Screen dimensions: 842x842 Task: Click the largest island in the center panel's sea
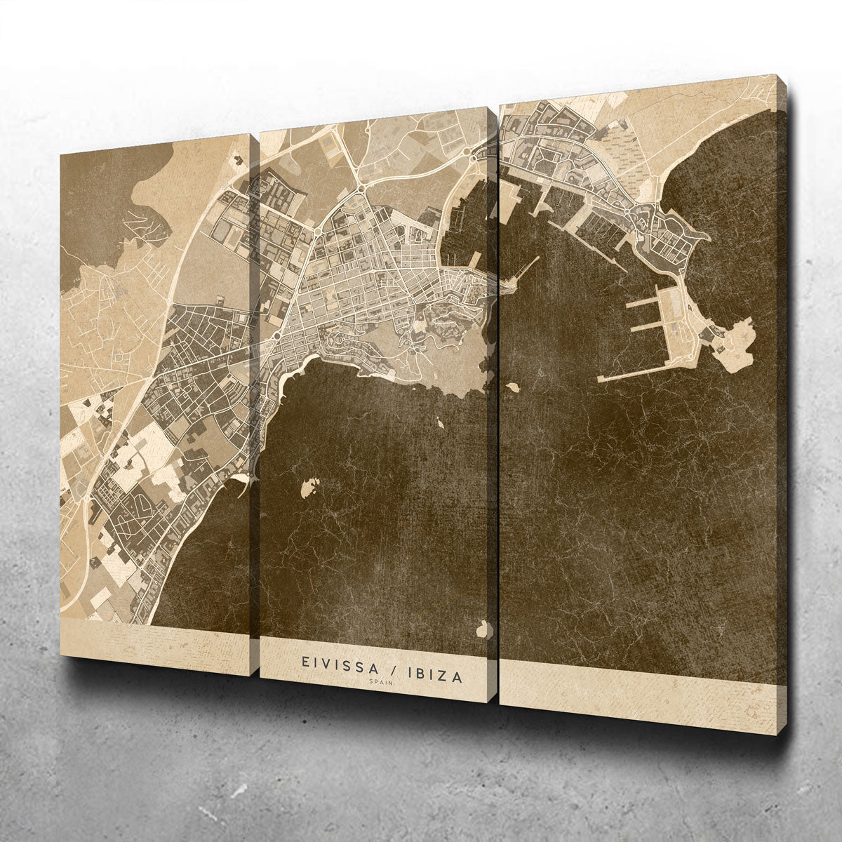pyautogui.click(x=309, y=487)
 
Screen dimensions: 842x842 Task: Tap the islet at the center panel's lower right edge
pyautogui.click(x=482, y=629)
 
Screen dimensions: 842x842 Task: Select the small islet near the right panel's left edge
pyautogui.click(x=513, y=387)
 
